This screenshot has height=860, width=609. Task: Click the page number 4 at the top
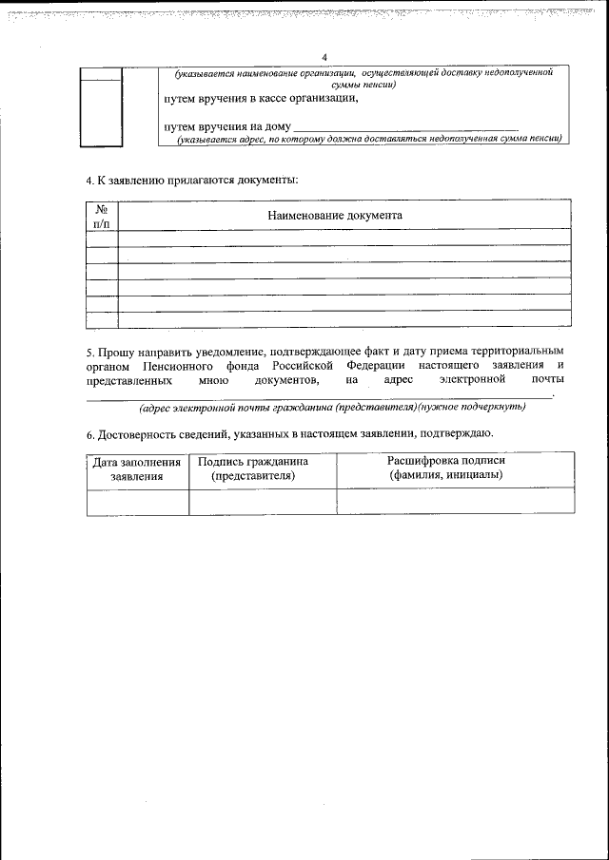324,57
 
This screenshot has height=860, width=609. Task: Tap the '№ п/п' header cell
102,216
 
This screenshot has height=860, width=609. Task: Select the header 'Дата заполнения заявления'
137,468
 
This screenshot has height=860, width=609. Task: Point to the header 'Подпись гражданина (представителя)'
253,468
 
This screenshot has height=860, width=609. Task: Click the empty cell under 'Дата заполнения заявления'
137,501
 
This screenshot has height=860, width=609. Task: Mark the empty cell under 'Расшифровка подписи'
455,501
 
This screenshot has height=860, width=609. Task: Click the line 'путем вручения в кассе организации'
261,99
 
